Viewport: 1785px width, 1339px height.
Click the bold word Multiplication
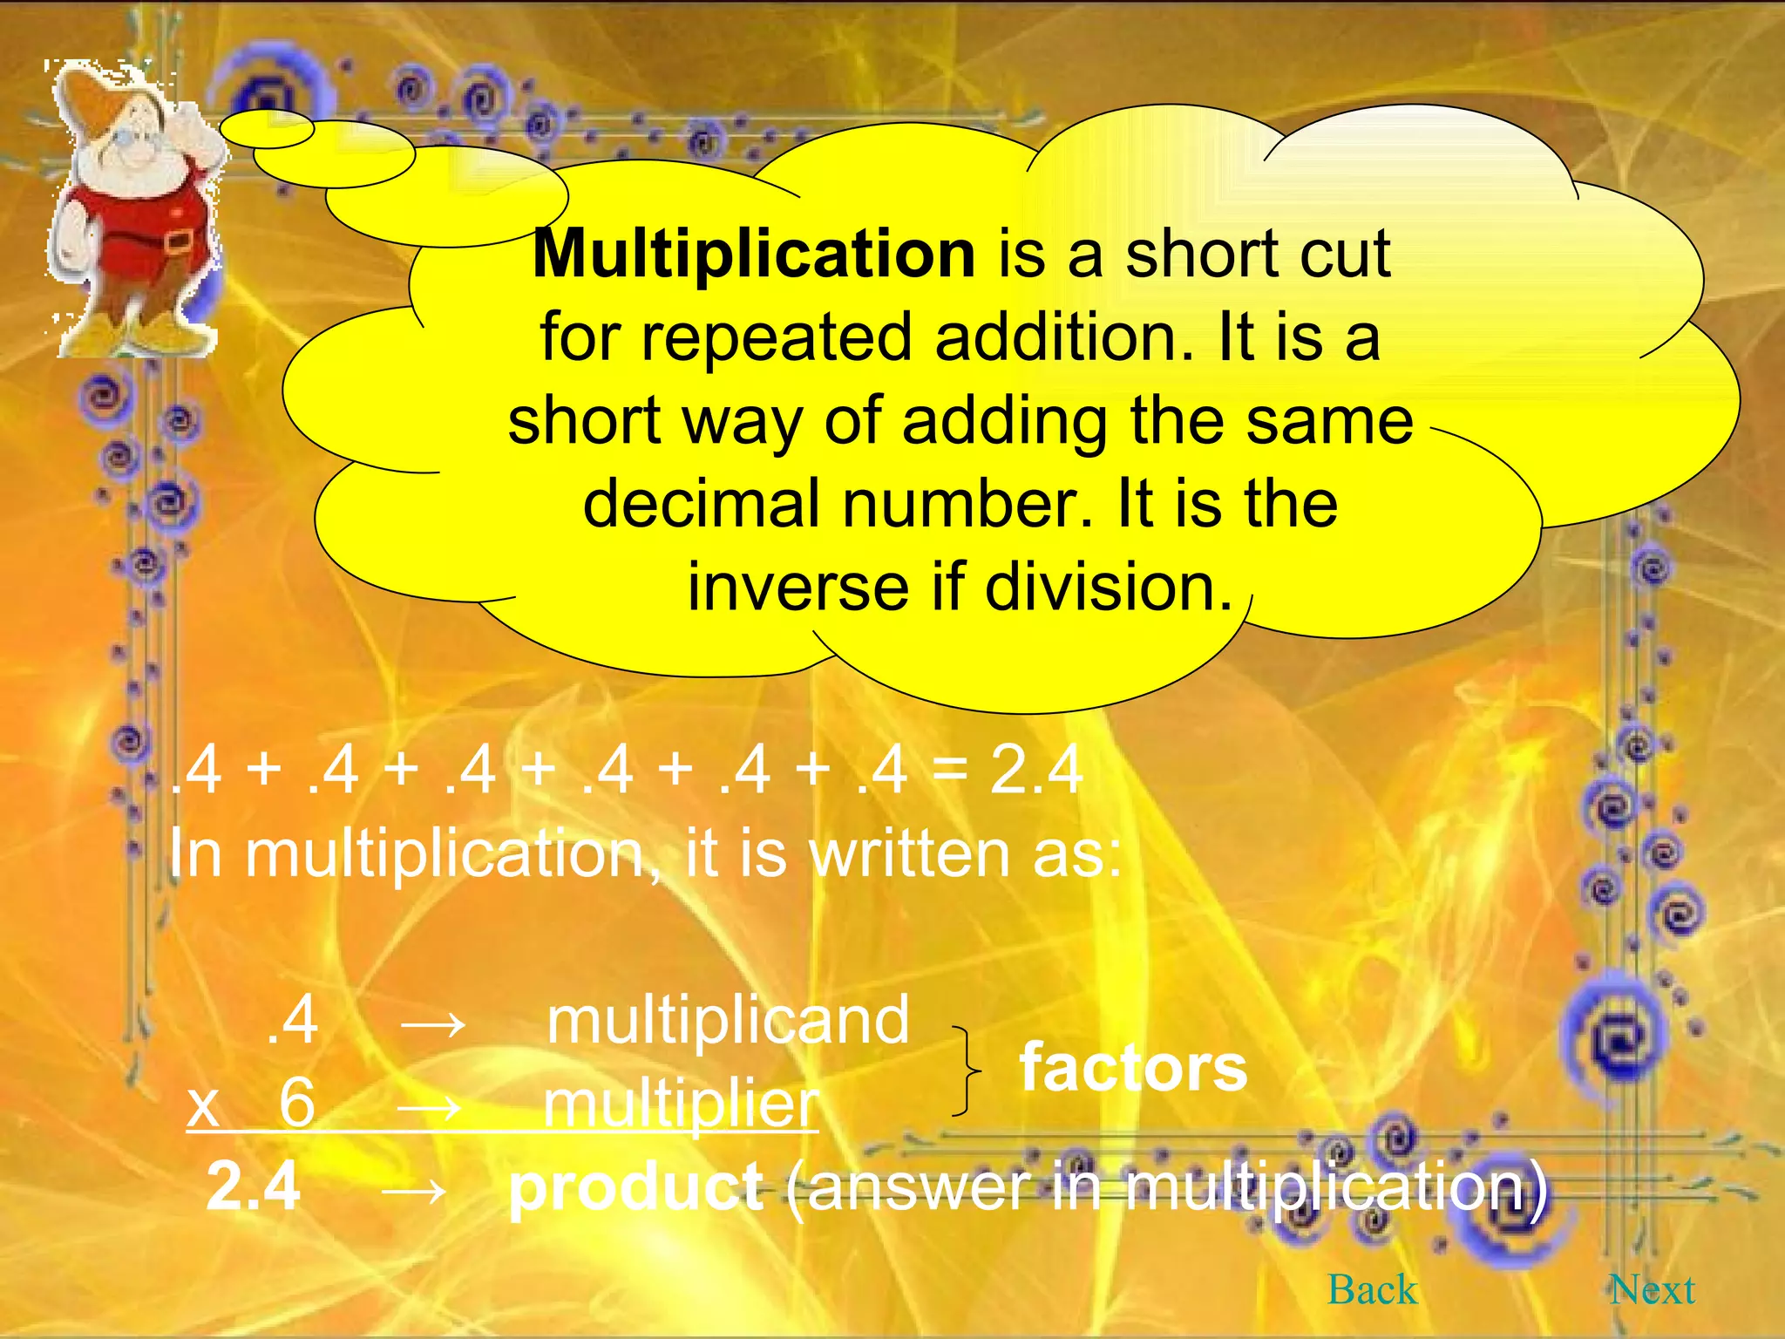[754, 255]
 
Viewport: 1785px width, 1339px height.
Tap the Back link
[1372, 1290]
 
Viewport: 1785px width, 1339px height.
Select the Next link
[1653, 1290]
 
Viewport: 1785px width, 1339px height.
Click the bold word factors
[1133, 1068]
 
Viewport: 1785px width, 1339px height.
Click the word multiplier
[681, 1105]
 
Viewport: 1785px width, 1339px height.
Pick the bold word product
[636, 1187]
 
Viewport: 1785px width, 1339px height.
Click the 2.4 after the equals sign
[1036, 771]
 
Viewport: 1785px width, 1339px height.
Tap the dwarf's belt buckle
[178, 241]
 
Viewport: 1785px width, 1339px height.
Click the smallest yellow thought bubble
[266, 130]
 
